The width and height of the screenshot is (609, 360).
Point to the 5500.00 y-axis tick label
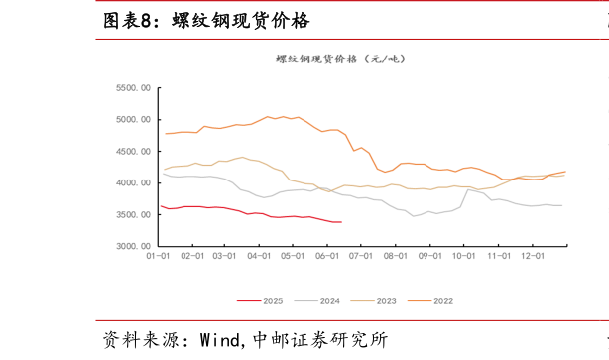tap(132, 88)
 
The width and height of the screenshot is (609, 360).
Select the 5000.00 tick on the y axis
tap(132, 120)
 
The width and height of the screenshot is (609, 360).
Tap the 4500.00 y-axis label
tap(132, 152)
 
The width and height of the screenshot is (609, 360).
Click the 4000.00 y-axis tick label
tap(132, 183)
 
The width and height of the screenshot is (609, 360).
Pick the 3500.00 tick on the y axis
tap(132, 214)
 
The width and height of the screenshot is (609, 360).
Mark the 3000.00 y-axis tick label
tap(132, 246)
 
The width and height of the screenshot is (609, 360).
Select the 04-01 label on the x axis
tap(259, 256)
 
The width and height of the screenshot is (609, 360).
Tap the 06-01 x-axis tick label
tap(327, 256)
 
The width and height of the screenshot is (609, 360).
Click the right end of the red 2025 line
tap(341, 222)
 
